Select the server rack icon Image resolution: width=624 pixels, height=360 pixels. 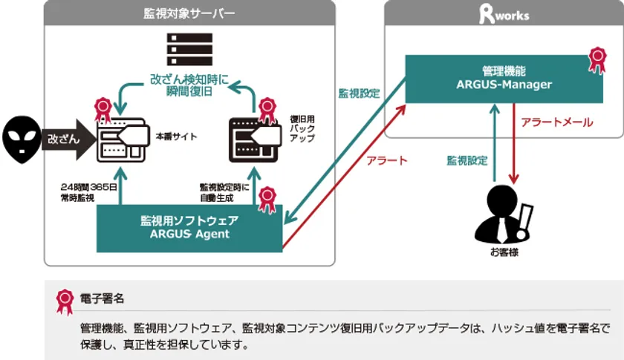coord(189,49)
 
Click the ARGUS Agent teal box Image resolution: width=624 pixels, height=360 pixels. coord(189,229)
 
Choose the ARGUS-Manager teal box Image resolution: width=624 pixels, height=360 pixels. coord(504,79)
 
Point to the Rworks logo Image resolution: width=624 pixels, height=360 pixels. coord(504,14)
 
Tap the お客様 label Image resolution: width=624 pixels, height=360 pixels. coord(504,252)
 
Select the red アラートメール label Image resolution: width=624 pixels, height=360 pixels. coord(556,122)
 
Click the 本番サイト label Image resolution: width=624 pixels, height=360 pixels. coord(176,137)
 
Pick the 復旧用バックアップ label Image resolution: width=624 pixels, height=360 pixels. coord(302,128)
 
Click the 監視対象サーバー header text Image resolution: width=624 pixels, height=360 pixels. coord(189,13)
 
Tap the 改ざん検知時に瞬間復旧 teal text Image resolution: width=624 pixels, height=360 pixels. coord(189,85)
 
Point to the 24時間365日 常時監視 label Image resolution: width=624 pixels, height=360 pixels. coord(88,192)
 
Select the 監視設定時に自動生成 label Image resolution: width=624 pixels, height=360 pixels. coord(224,192)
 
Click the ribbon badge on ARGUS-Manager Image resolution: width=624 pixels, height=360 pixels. coord(597,60)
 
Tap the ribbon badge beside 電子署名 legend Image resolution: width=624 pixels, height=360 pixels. coord(65,302)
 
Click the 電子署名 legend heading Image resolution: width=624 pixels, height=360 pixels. coord(103,298)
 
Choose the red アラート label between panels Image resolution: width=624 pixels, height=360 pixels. coord(387,160)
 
